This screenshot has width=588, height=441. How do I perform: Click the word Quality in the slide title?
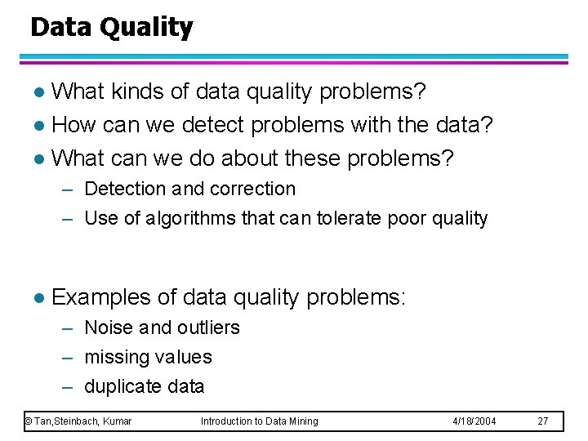(146, 28)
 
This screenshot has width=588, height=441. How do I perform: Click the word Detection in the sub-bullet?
(125, 189)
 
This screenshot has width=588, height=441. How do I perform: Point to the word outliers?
(207, 328)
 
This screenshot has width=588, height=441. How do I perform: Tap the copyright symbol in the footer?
(28, 421)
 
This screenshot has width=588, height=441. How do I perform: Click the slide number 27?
(543, 421)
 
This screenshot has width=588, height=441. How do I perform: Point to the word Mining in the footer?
(302, 421)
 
